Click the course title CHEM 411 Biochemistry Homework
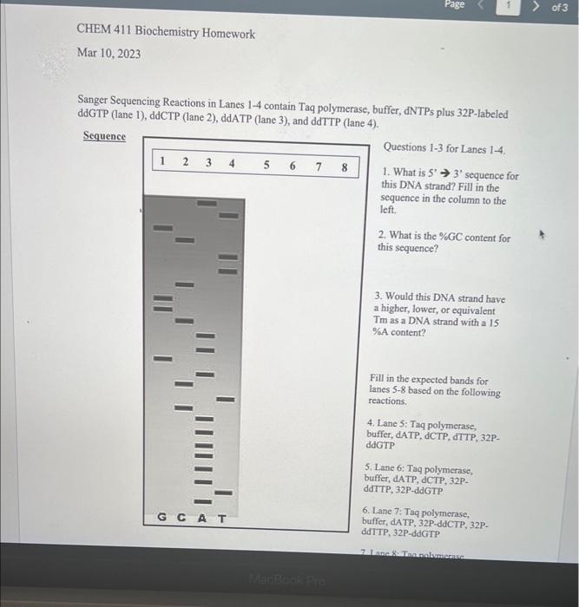pos(166,33)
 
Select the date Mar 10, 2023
pos(109,53)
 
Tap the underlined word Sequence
pos(104,136)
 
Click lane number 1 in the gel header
pos(162,162)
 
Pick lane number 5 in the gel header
pos(266,164)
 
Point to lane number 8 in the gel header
pos(345,166)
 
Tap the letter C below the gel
pos(182,518)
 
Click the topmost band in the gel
pos(207,203)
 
